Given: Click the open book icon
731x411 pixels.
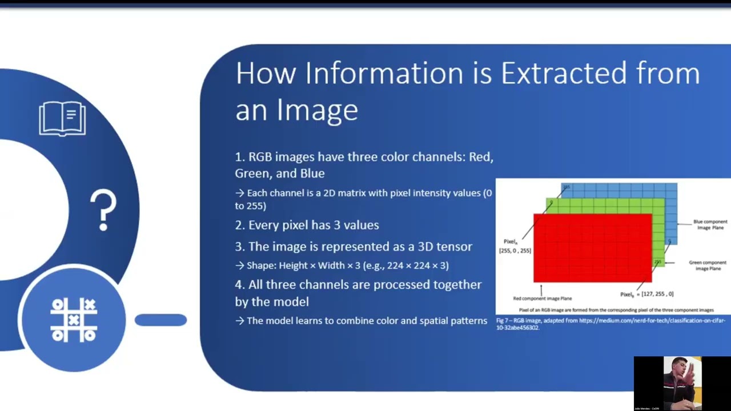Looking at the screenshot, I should coord(62,118).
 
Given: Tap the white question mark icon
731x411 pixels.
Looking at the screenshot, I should coord(103,211).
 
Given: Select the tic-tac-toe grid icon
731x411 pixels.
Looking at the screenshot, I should coord(74,320).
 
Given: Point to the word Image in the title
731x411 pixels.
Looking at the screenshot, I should coord(318,109).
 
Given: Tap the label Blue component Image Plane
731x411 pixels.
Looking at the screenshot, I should coord(710,224).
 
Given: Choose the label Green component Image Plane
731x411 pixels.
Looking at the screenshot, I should coord(707,265).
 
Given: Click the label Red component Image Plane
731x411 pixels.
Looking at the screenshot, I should coord(542,298).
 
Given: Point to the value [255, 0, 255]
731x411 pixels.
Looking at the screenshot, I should coord(515,251).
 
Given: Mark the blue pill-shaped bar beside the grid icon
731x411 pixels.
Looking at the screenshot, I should coord(160,320).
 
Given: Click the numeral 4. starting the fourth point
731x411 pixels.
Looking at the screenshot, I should coord(240,284).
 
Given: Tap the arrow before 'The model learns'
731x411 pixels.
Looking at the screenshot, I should coord(239,321).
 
